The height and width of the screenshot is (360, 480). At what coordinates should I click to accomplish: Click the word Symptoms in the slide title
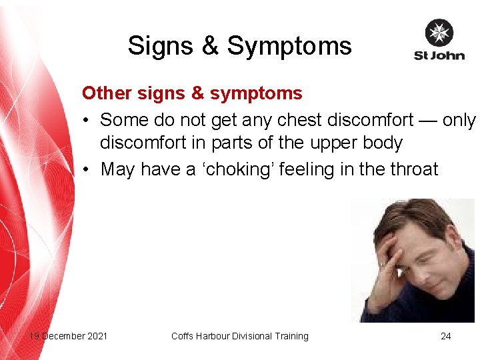click(289, 46)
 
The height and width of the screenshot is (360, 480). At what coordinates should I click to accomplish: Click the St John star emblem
click(439, 33)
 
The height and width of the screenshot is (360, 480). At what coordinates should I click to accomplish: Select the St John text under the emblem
click(439, 55)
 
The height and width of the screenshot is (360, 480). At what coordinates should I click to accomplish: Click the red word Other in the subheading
click(101, 93)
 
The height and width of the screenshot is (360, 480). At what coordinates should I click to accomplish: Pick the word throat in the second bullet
click(412, 169)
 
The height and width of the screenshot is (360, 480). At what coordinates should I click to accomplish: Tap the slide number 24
click(445, 336)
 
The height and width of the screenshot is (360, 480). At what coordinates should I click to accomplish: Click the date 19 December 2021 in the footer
click(68, 336)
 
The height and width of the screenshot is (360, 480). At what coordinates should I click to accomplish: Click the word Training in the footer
click(289, 336)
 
